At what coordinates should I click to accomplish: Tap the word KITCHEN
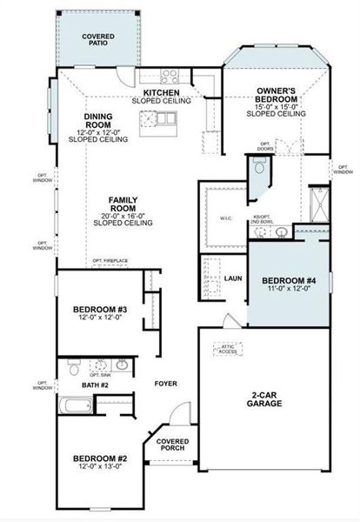(162, 92)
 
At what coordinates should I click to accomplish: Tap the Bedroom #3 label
(100, 310)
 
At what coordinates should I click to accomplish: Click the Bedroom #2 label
(100, 458)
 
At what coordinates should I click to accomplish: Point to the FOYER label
(166, 383)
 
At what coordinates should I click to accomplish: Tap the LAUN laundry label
(232, 278)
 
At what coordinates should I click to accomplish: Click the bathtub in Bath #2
(75, 405)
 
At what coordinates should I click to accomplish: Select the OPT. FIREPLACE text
(110, 260)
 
